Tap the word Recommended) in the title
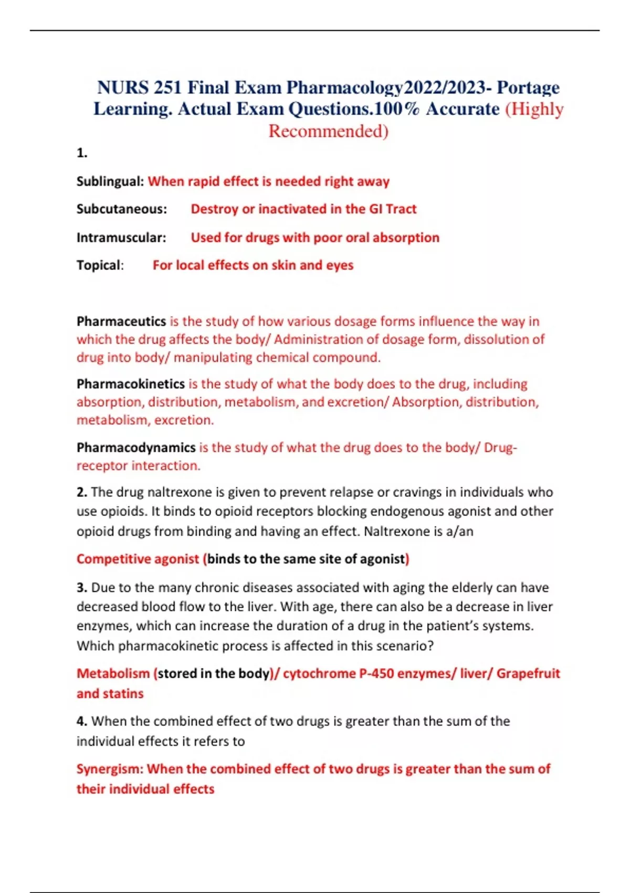coord(328,131)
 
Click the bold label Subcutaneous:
coord(122,209)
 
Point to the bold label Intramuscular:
coord(121,237)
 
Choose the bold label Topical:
coord(100,265)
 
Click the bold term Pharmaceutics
coord(121,321)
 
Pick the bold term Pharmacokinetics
coord(131,384)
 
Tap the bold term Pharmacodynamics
coord(136,448)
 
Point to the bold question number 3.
coord(82,587)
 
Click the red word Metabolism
coord(113,673)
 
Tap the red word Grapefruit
coord(528,673)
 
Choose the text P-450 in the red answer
coord(376,673)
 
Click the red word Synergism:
coord(110,769)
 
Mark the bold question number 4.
coord(82,721)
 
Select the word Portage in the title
coord(528,87)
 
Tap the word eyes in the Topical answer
coord(340,265)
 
